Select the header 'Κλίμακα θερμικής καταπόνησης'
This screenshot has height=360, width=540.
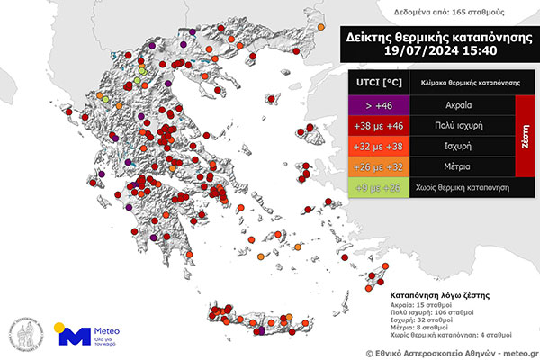[468, 81]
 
